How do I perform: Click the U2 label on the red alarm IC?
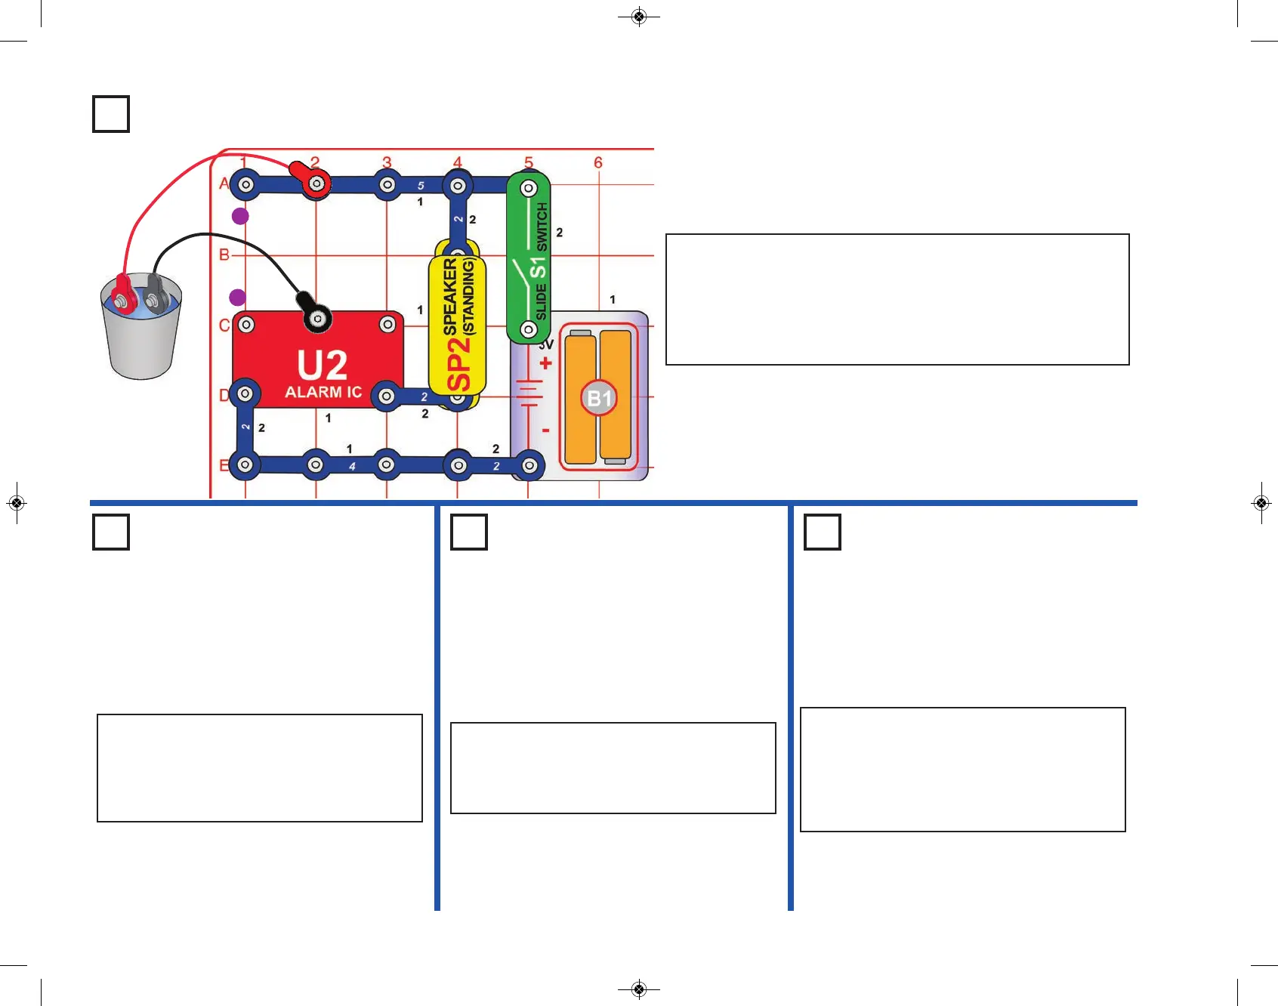[323, 366]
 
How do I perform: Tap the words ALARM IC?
[323, 392]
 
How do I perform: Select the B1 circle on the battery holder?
[599, 398]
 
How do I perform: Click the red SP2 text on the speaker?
[459, 364]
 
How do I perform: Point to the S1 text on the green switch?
[538, 267]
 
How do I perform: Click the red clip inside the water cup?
[122, 295]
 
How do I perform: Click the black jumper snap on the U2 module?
[317, 318]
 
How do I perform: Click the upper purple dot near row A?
[240, 217]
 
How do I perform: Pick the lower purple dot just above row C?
[238, 297]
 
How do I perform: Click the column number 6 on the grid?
[598, 162]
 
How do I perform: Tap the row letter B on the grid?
[224, 255]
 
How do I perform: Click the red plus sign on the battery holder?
[545, 363]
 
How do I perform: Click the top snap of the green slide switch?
[529, 187]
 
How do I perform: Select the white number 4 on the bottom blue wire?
[352, 467]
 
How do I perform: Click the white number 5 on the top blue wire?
[421, 186]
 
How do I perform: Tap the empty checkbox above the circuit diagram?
[111, 114]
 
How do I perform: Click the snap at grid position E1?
[245, 465]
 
